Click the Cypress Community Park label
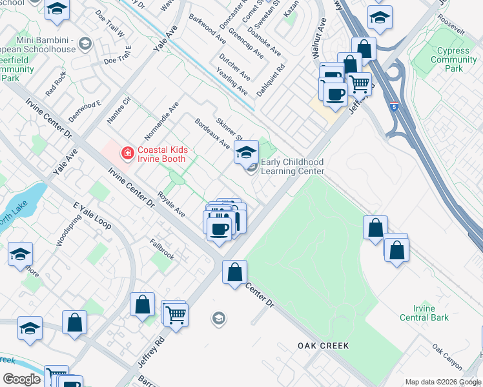click(454, 59)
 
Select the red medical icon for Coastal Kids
click(128, 154)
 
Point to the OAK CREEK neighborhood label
click(324, 346)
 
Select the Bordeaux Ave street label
click(212, 132)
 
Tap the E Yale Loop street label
click(92, 215)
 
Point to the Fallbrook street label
click(162, 250)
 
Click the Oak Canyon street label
click(447, 357)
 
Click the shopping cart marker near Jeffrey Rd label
click(176, 315)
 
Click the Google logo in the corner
click(21, 379)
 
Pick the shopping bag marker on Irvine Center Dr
click(235, 272)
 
